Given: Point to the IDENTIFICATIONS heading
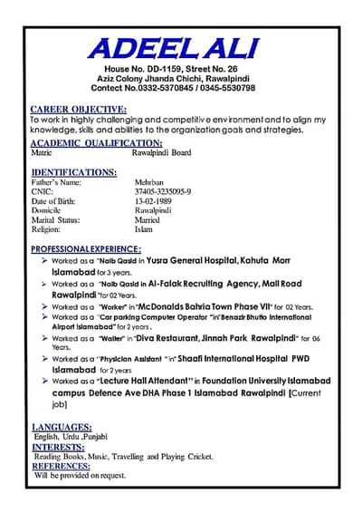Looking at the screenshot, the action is click(x=73, y=171).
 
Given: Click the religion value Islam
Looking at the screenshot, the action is click(x=145, y=229).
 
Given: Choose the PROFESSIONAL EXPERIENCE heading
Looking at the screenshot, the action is click(x=88, y=248).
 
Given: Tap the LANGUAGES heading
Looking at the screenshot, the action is click(x=62, y=427).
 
